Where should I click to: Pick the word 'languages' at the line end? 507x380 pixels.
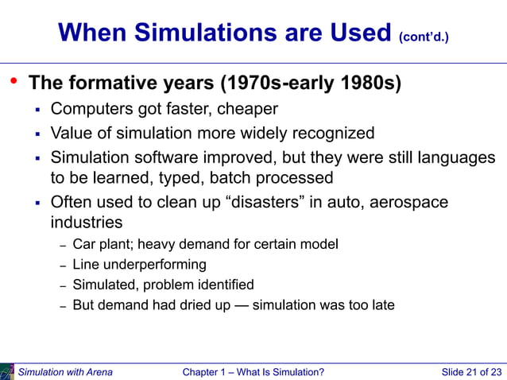point(455,157)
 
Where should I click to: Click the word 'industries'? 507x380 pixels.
point(87,222)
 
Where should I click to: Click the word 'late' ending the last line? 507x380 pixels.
point(381,304)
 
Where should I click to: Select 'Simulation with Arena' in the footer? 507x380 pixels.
point(65,372)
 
